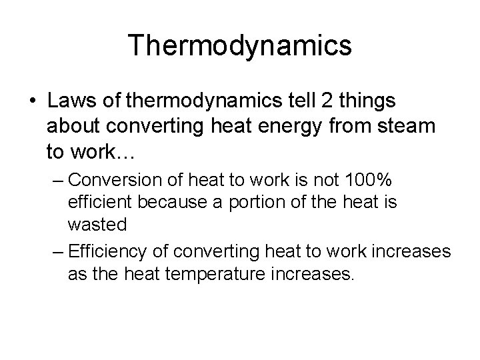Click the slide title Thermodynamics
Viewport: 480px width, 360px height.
click(x=240, y=46)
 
